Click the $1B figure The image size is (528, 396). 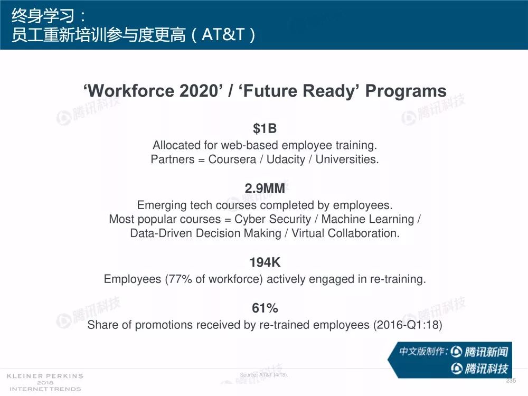(265, 129)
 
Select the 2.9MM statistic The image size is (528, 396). (265, 188)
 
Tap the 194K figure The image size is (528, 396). (265, 262)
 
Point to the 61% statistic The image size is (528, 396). (265, 308)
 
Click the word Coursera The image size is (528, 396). (232, 159)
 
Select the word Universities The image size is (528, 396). (347, 159)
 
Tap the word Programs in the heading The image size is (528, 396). (406, 91)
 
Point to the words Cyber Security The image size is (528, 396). (273, 219)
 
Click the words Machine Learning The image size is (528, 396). (367, 219)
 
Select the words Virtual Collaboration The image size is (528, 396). (345, 233)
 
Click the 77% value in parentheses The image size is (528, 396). (180, 279)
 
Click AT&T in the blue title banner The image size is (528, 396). (223, 34)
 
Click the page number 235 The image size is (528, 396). (511, 381)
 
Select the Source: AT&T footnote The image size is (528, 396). (264, 375)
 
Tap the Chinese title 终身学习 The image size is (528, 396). (43, 15)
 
